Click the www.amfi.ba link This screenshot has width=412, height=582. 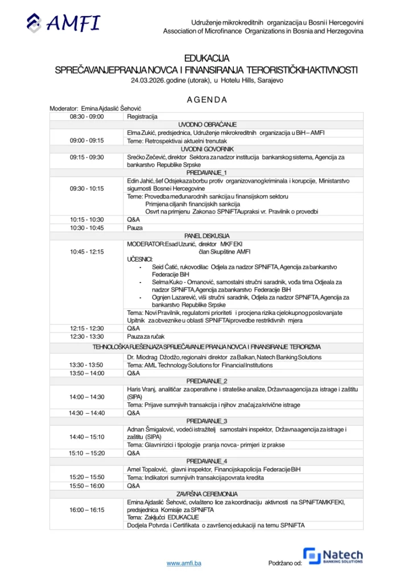click(x=184, y=563)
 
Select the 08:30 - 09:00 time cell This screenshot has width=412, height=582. click(x=86, y=116)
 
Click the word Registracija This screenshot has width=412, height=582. click(x=142, y=116)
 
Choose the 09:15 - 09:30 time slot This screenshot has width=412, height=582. click(x=86, y=157)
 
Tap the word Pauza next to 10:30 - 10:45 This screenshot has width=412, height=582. click(x=135, y=227)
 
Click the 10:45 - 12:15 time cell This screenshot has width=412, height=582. click(x=86, y=251)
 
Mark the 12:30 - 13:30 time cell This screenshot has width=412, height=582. click(x=86, y=336)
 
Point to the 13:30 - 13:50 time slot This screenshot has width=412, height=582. click(x=86, y=365)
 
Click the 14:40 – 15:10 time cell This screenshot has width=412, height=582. click(x=86, y=436)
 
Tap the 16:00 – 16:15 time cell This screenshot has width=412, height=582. click(x=86, y=510)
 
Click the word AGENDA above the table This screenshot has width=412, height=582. click(x=207, y=100)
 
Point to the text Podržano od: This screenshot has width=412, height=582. click(x=285, y=563)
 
